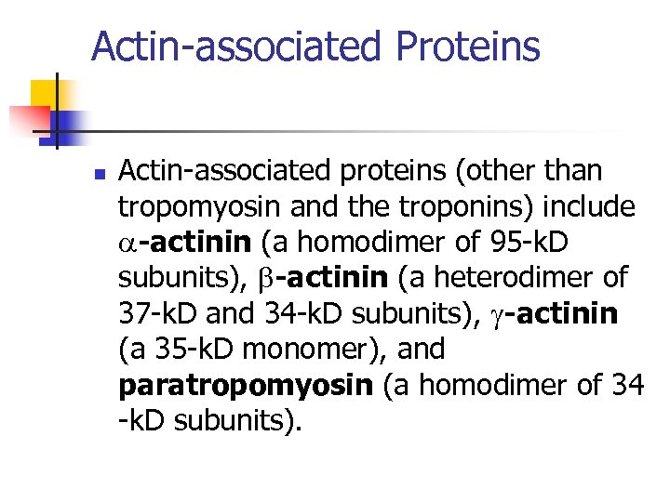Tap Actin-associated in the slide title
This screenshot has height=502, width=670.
tap(236, 46)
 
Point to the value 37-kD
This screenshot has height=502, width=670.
tap(154, 313)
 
